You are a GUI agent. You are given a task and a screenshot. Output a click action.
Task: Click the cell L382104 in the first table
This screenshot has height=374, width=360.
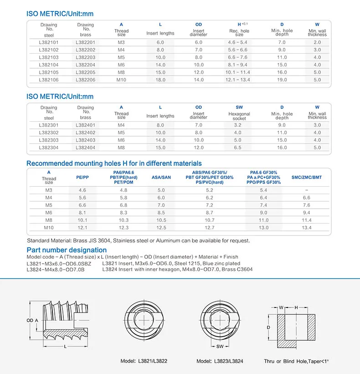point(49,65)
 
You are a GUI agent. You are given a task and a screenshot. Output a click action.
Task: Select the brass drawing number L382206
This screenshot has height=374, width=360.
point(85,80)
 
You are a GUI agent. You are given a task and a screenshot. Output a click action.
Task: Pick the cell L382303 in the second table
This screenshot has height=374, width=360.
point(49,140)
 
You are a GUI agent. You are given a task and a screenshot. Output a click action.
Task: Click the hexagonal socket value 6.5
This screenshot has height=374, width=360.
point(238,148)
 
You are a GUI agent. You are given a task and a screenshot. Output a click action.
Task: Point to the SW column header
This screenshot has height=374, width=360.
point(239,108)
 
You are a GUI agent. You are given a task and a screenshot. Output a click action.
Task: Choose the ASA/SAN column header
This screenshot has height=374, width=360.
point(161,177)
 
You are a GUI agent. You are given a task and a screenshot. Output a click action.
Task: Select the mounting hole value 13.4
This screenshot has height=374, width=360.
point(306,227)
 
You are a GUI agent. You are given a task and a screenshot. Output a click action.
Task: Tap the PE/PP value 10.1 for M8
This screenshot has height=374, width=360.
point(82,220)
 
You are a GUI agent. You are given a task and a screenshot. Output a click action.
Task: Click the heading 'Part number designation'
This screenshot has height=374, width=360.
point(67,250)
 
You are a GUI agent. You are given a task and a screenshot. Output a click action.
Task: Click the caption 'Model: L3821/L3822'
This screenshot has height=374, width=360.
point(144,361)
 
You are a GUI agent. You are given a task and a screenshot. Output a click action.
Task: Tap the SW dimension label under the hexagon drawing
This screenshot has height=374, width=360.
point(220,347)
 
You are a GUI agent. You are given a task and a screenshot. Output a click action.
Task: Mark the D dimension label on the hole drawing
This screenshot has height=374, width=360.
point(269,327)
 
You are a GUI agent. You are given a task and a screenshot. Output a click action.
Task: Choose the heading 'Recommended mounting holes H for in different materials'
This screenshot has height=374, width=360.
point(114,163)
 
